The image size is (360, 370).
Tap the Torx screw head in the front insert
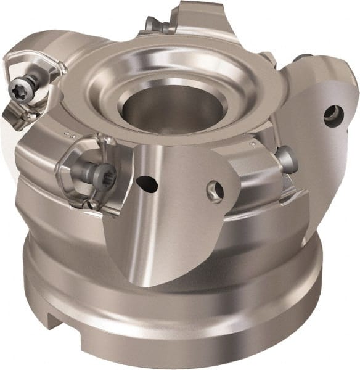(99, 175)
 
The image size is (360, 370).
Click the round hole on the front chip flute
(215, 191)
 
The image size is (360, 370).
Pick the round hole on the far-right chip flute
(333, 115)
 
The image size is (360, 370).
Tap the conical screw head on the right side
(287, 160)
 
